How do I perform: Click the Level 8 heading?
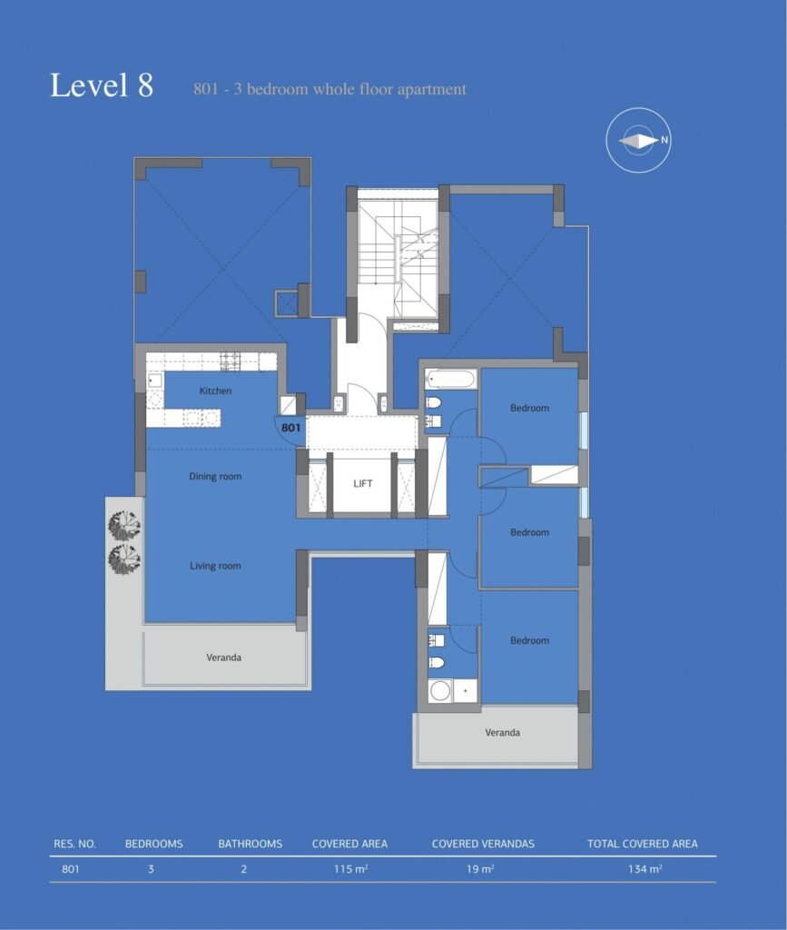pyautogui.click(x=102, y=84)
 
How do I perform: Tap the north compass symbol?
pyautogui.click(x=638, y=141)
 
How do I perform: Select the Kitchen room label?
pyautogui.click(x=215, y=391)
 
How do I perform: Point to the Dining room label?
pyautogui.click(x=215, y=476)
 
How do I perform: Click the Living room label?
pyautogui.click(x=215, y=566)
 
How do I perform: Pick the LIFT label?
pyautogui.click(x=363, y=483)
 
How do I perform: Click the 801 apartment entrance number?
pyautogui.click(x=290, y=428)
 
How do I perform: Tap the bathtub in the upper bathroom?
pyautogui.click(x=450, y=379)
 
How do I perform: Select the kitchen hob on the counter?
pyautogui.click(x=230, y=361)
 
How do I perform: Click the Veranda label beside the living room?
pyautogui.click(x=223, y=658)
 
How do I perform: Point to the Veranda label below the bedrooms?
pyautogui.click(x=503, y=733)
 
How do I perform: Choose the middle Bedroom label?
pyautogui.click(x=529, y=532)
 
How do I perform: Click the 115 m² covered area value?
pyautogui.click(x=350, y=869)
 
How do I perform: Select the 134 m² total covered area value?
pyautogui.click(x=644, y=869)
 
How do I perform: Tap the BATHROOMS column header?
pyautogui.click(x=251, y=844)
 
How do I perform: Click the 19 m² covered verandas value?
pyautogui.click(x=480, y=869)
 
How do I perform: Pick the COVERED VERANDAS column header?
pyautogui.click(x=483, y=844)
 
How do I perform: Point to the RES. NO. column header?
pyautogui.click(x=74, y=844)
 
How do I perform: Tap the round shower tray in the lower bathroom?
pyautogui.click(x=440, y=691)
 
